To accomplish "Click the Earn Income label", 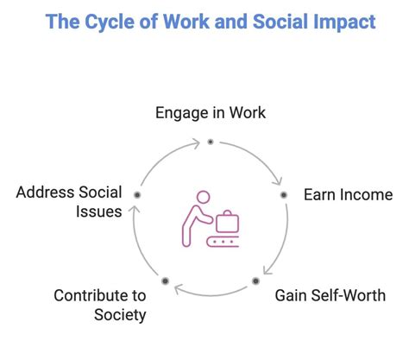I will point(348,194).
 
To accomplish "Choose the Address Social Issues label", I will point(69,202).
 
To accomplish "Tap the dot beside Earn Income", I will point(284,195).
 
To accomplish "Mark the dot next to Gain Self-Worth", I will point(256,281).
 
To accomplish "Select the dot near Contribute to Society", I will point(165,281).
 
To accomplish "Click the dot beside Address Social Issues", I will point(136,196).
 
